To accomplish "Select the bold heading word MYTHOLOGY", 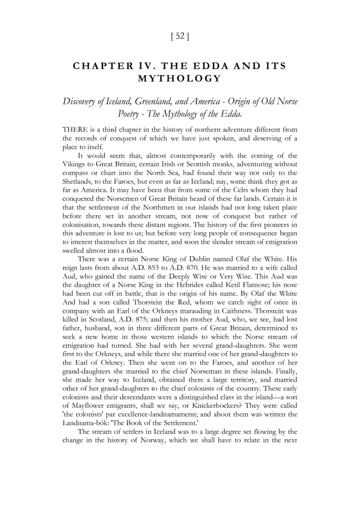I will click(x=180, y=79).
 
